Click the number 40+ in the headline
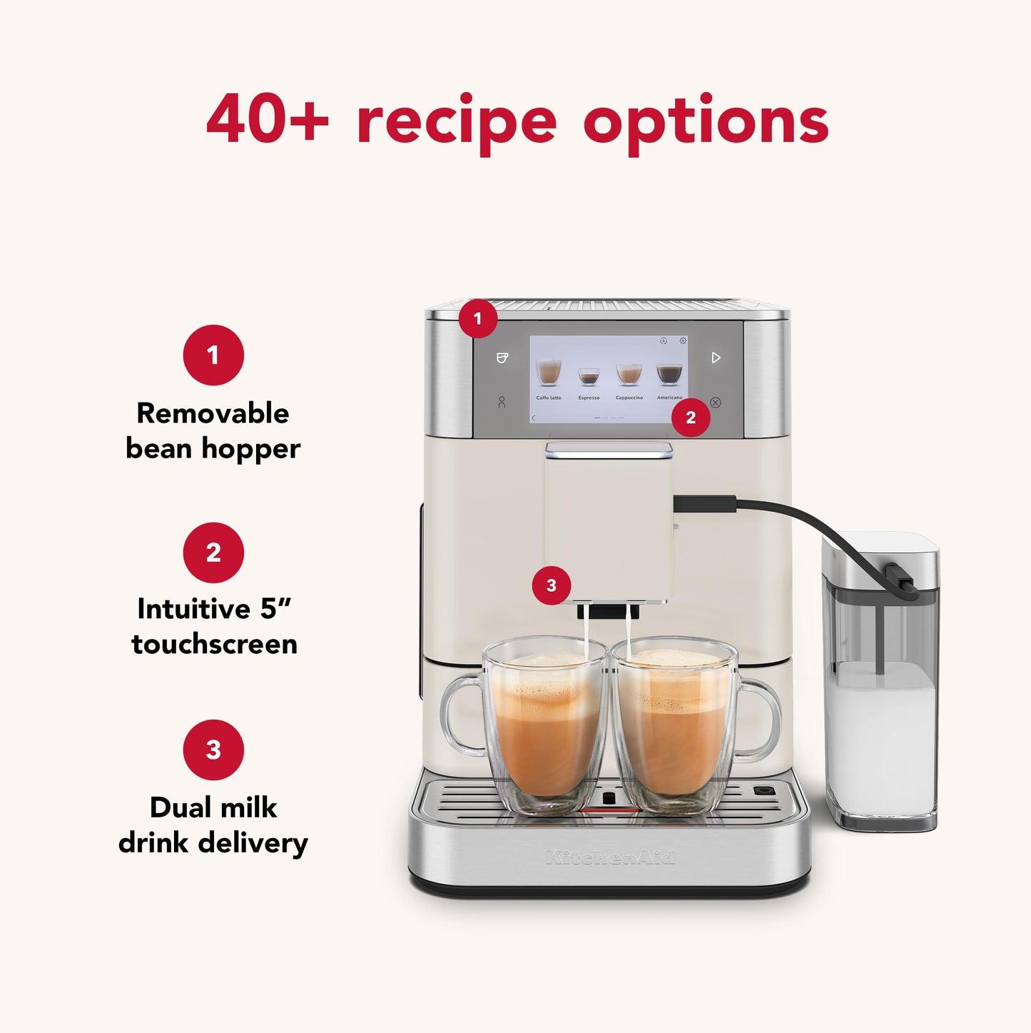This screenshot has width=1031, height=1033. tap(267, 119)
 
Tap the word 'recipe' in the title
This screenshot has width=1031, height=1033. tap(457, 121)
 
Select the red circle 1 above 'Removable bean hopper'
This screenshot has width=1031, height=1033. tap(213, 355)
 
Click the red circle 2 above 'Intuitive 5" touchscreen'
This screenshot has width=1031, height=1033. tap(213, 553)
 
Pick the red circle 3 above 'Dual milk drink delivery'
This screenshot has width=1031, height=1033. tap(213, 750)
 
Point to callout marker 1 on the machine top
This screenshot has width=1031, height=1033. tap(477, 318)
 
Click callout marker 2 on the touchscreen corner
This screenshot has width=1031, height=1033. tap(690, 418)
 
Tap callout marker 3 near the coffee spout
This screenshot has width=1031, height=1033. tap(551, 585)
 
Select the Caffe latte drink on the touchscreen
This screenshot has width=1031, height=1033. tap(549, 375)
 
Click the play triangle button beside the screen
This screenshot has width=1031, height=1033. tap(716, 358)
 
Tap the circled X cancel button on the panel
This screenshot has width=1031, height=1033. tap(716, 403)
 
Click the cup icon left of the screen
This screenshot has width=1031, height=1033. tap(502, 358)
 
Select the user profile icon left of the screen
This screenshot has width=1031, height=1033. tap(502, 403)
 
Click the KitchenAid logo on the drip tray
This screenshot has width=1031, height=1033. tap(609, 857)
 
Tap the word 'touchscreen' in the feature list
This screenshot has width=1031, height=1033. tap(214, 644)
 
